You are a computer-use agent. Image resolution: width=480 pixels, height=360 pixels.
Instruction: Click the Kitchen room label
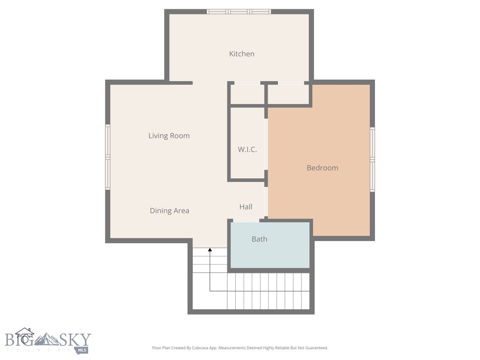click(x=241, y=54)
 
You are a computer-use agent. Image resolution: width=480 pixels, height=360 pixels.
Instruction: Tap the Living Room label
click(x=169, y=136)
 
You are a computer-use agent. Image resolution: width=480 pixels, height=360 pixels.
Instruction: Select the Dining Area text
click(x=169, y=211)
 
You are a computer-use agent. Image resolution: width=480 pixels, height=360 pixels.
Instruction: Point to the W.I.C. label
click(x=247, y=150)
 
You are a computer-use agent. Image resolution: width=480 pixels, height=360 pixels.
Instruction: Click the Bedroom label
click(x=322, y=168)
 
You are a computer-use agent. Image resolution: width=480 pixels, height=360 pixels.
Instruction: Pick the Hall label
click(x=246, y=207)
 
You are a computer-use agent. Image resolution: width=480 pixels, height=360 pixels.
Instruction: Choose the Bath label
click(x=259, y=239)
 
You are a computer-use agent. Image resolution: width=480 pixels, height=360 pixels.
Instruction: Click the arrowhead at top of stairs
click(x=210, y=250)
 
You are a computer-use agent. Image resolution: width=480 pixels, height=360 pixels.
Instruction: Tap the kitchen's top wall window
click(x=239, y=12)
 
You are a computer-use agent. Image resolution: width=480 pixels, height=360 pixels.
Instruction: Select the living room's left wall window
click(x=107, y=157)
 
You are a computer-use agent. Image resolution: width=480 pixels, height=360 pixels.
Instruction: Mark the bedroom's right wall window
click(x=373, y=159)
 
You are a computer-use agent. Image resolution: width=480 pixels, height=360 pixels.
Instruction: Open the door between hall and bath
click(x=246, y=220)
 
